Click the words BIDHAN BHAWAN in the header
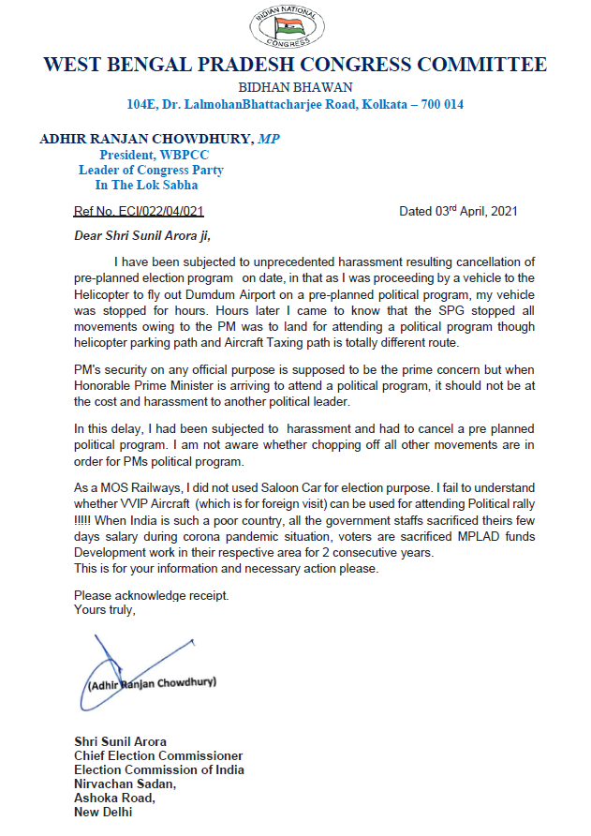point(295,86)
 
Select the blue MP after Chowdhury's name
point(269,139)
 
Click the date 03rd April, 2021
point(458,212)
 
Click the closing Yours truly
point(105,610)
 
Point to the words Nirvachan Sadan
point(124,784)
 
